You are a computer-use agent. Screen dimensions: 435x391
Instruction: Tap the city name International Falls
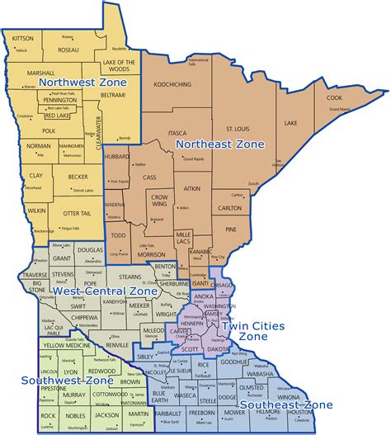point(199,61)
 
